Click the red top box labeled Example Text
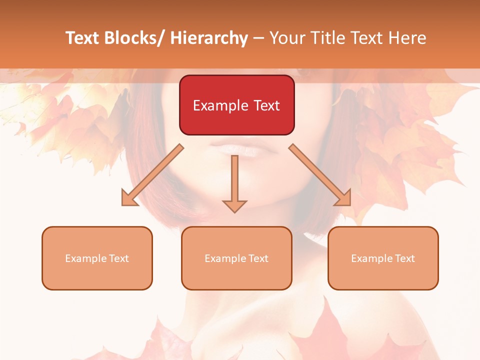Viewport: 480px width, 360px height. click(236, 105)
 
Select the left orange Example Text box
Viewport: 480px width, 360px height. click(97, 258)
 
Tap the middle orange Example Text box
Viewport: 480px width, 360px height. click(236, 258)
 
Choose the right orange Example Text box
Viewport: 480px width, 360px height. click(383, 258)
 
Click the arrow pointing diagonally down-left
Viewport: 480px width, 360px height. click(153, 174)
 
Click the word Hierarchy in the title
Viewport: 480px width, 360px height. click(209, 38)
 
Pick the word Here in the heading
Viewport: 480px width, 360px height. click(407, 38)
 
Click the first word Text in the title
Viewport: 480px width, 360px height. click(84, 38)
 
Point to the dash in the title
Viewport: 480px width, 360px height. click(258, 38)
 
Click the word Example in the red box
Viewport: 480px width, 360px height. click(220, 105)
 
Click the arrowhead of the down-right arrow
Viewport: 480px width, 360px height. click(343, 197)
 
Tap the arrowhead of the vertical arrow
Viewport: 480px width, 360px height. click(235, 206)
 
